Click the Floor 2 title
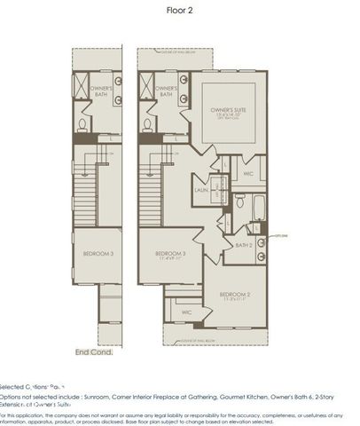click(179, 11)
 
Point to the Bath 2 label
click(244, 244)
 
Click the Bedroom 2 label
click(237, 294)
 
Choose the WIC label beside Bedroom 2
click(187, 312)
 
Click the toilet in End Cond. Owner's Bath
click(82, 124)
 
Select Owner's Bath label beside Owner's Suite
click(168, 91)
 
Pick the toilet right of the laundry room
click(239, 202)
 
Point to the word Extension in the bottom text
click(18, 404)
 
